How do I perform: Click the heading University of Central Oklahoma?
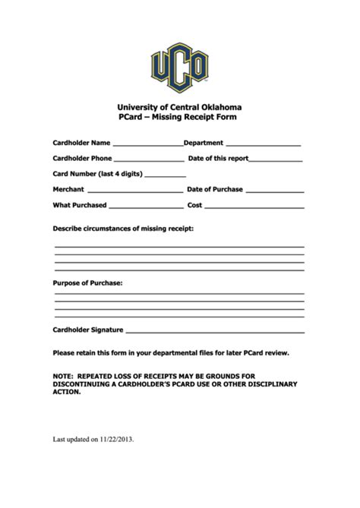pyautogui.click(x=180, y=108)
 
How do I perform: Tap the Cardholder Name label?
pyautogui.click(x=81, y=142)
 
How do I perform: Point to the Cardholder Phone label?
pyautogui.click(x=82, y=158)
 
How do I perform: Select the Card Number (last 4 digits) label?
pyautogui.click(x=97, y=174)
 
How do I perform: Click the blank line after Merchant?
pyautogui.click(x=135, y=191)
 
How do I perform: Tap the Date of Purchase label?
pyautogui.click(x=215, y=189)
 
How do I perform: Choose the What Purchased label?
pyautogui.click(x=80, y=205)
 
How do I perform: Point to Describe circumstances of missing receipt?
pyautogui.click(x=123, y=228)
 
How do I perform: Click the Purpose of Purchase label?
pyautogui.click(x=87, y=282)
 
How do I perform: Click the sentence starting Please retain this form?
pyautogui.click(x=171, y=353)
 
